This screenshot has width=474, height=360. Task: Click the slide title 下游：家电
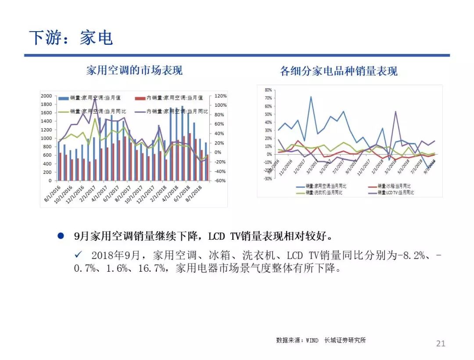(71, 38)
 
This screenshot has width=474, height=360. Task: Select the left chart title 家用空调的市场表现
(134, 70)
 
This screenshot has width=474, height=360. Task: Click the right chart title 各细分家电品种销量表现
(339, 71)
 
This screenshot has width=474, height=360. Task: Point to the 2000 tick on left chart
(46, 96)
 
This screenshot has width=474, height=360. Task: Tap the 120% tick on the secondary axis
(220, 96)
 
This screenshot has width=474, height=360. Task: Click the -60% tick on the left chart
(220, 180)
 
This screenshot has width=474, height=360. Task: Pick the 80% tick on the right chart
(268, 90)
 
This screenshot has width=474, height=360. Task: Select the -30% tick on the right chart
(268, 179)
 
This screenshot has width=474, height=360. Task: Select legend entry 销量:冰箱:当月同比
(393, 186)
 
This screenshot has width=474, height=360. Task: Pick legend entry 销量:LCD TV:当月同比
(395, 192)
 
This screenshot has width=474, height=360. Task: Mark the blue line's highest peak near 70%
(311, 97)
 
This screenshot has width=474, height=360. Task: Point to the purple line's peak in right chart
(395, 112)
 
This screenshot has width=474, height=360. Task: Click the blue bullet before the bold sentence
(61, 236)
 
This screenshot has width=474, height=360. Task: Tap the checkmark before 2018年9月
(79, 255)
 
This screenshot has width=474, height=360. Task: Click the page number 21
(440, 343)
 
